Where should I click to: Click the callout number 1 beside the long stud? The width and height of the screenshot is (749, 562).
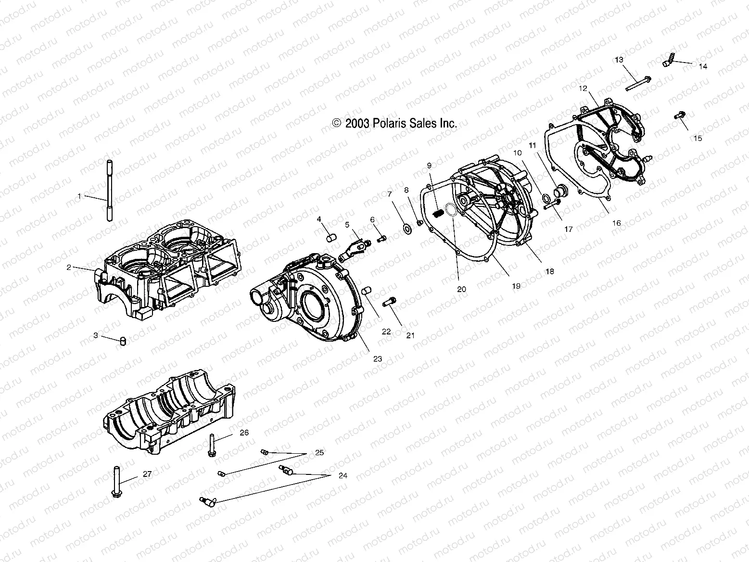pyautogui.click(x=80, y=196)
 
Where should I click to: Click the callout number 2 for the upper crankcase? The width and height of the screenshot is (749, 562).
pyautogui.click(x=69, y=268)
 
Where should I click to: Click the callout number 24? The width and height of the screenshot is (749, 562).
pyautogui.click(x=343, y=476)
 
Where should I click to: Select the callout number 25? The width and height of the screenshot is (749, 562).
pyautogui.click(x=319, y=453)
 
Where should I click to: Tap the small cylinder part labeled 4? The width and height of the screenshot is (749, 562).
pyautogui.click(x=330, y=238)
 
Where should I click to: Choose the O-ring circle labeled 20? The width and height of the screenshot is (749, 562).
pyautogui.click(x=451, y=210)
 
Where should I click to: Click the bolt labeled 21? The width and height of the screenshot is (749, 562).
pyautogui.click(x=389, y=303)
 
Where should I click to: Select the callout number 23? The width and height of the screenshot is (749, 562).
pyautogui.click(x=377, y=358)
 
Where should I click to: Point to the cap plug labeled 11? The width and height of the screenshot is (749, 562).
pyautogui.click(x=559, y=191)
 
